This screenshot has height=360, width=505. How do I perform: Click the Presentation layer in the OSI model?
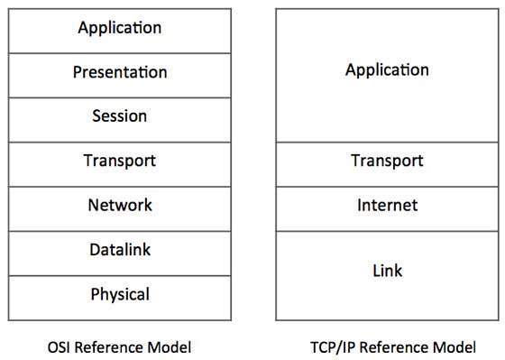(119, 73)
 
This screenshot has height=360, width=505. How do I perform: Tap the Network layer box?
(119, 207)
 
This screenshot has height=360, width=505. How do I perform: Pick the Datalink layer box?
(119, 251)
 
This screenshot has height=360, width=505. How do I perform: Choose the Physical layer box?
(119, 295)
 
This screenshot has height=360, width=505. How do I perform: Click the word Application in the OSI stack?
(120, 28)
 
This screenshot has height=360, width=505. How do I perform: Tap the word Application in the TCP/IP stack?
(387, 69)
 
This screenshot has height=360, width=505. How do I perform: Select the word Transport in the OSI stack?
(120, 162)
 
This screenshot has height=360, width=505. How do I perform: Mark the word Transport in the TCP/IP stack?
(387, 162)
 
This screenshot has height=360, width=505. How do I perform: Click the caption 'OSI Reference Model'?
(119, 346)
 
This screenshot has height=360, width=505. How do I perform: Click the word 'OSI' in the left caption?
(60, 346)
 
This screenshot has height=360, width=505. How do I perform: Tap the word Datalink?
(120, 250)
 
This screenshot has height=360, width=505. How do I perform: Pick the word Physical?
(120, 295)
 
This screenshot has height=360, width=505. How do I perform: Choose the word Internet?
(387, 206)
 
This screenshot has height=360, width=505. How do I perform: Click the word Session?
(119, 117)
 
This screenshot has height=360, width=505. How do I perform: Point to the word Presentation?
(120, 72)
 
